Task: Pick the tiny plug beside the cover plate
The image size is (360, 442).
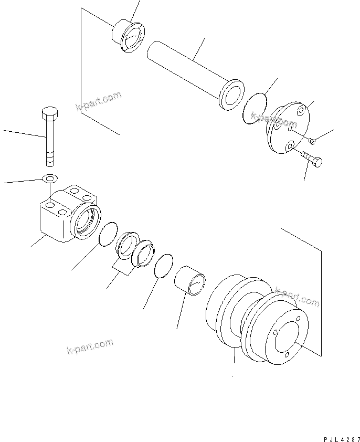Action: [x=313, y=140]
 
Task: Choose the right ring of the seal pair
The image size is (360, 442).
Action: [x=143, y=254]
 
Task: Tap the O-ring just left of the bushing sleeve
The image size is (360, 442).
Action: [x=164, y=266]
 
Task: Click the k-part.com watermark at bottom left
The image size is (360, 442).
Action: [x=90, y=347]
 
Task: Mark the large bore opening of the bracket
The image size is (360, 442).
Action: [x=87, y=220]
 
